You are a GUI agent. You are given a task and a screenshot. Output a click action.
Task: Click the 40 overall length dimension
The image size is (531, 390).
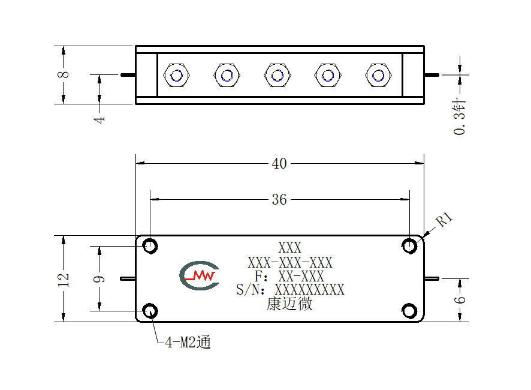[x=279, y=163]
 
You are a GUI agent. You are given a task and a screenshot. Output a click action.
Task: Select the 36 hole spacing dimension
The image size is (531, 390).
[x=279, y=199]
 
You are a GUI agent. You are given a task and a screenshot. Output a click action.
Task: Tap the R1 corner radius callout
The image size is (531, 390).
[x=444, y=219]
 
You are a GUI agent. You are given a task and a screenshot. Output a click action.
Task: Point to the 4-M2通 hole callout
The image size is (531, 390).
[x=188, y=342]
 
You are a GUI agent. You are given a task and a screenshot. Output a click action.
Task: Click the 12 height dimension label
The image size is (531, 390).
[x=64, y=280]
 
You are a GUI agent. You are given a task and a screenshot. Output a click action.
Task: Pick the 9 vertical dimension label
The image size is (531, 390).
[x=99, y=280]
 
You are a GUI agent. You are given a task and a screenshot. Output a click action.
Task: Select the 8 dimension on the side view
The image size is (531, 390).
[x=64, y=74]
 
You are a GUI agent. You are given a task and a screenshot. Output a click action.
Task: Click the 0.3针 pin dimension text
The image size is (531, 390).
[x=460, y=116]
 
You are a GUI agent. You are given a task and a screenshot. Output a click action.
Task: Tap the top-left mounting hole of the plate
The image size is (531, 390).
[x=150, y=246]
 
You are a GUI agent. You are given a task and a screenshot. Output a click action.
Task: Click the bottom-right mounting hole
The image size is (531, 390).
[x=409, y=311]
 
